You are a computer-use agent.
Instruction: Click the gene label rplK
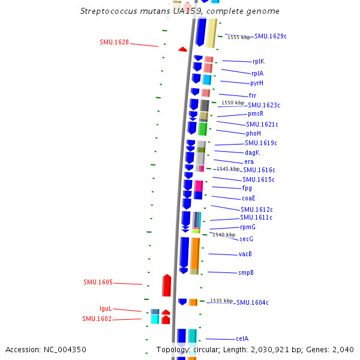point(259,61)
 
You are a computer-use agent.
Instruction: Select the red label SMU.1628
point(114,43)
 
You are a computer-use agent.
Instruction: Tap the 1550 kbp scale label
point(232,103)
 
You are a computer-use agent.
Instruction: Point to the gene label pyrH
point(257,83)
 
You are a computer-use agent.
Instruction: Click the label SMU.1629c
point(270,37)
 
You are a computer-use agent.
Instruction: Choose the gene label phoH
point(253,133)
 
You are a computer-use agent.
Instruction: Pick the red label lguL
point(106,308)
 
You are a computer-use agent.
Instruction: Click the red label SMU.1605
point(98,282)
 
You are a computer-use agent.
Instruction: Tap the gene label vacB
point(245,254)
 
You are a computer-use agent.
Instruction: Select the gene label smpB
point(245,273)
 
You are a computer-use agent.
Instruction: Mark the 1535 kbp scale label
point(221,301)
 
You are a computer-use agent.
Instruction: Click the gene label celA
point(242,338)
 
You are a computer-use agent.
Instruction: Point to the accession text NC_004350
point(46,349)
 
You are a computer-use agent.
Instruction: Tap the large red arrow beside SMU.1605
point(167,285)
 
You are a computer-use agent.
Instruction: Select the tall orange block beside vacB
point(195,253)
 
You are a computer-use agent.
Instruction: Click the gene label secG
point(246,239)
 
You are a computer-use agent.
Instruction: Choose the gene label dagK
point(252,152)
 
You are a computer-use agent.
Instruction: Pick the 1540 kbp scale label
point(224,235)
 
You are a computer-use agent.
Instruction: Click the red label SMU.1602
point(97,319)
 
